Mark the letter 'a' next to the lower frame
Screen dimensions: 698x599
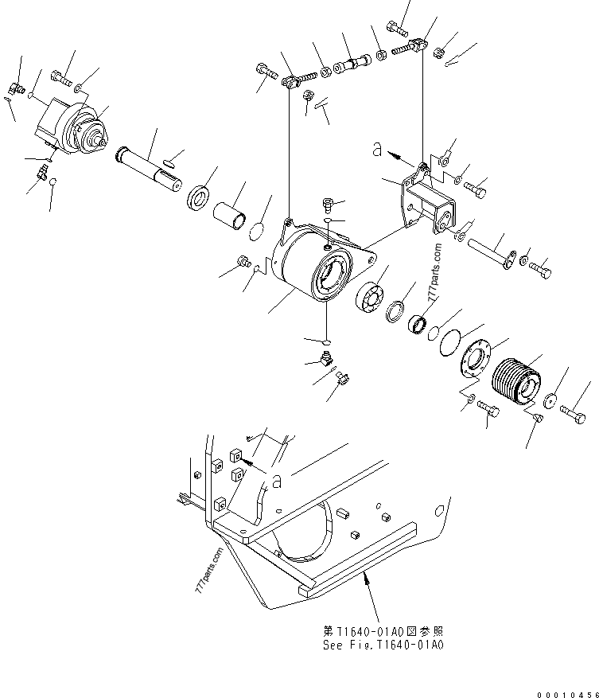(275, 479)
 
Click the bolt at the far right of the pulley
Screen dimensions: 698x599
(577, 413)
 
